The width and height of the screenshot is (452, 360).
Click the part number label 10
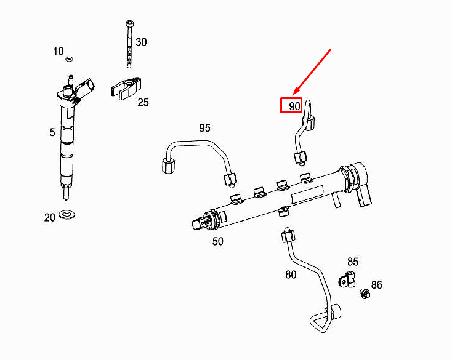coord(58,51)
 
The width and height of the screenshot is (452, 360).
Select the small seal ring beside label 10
coord(69,59)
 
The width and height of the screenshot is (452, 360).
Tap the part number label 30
coord(141,42)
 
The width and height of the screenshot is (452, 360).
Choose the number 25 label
coord(143,102)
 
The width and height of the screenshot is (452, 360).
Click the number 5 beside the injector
coord(52,132)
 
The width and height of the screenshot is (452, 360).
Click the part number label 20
coord(50,217)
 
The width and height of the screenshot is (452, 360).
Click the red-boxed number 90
coord(291,106)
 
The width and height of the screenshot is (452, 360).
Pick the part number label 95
coord(204,128)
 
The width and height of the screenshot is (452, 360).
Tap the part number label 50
coord(218,241)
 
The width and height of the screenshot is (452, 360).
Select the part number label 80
coord(291,274)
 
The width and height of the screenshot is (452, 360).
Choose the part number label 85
coord(353,262)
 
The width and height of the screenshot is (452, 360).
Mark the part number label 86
coord(376,284)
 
